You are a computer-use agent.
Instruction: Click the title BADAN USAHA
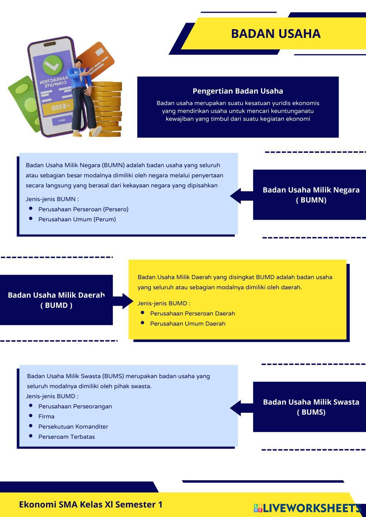pos(276,34)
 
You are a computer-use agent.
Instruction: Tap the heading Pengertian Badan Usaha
pos(238,91)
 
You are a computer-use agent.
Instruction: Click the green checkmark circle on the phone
pos(53,66)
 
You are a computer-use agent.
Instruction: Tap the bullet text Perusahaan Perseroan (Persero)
pos(83,210)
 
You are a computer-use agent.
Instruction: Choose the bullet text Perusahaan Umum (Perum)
pos(77,219)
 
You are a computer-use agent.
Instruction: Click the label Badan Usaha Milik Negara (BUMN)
pos(311,195)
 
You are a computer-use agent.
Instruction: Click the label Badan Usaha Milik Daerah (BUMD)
pos(56,300)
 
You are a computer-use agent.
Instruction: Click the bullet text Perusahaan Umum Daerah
pos(187,324)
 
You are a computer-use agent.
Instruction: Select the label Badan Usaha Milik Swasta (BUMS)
pos(311,407)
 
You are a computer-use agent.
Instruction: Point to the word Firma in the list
pos(46,416)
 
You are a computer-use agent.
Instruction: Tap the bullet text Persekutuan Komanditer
pos(73,427)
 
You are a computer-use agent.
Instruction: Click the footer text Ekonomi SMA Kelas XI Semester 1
pos(91,505)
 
